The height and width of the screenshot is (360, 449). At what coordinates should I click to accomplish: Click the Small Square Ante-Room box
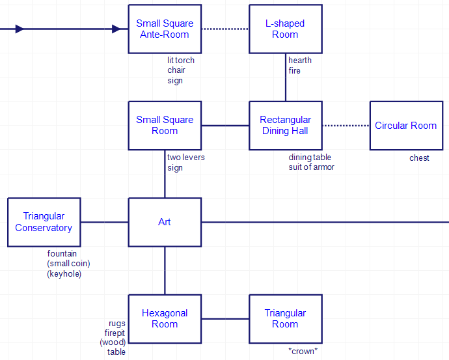click(165, 29)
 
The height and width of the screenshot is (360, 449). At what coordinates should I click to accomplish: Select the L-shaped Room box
click(285, 29)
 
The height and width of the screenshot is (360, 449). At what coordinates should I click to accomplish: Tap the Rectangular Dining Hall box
click(285, 126)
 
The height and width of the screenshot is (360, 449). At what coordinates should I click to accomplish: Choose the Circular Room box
click(405, 126)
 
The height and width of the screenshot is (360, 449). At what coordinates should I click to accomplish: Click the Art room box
click(165, 222)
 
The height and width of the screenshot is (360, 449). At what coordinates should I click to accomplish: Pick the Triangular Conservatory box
click(44, 222)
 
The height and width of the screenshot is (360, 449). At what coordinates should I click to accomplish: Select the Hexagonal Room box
click(165, 318)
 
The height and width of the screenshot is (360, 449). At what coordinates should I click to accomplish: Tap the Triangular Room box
click(285, 318)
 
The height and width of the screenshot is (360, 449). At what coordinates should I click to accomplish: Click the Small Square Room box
click(165, 126)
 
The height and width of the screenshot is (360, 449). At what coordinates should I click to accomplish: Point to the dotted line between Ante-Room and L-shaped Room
click(225, 29)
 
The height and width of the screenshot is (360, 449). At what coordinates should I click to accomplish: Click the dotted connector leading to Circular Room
click(346, 126)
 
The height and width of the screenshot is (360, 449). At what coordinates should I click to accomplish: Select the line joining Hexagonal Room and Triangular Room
click(225, 318)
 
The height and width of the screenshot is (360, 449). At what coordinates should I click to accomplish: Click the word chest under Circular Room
click(419, 158)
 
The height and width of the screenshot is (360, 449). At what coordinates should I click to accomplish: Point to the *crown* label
click(303, 352)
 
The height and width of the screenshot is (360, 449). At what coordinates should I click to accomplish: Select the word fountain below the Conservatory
click(63, 253)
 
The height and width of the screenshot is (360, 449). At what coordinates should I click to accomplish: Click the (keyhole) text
click(64, 274)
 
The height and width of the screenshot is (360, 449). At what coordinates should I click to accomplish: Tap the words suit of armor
click(312, 167)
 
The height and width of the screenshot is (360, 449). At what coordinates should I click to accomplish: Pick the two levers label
click(185, 158)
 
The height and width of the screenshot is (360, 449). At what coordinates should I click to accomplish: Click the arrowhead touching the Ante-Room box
click(116, 29)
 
